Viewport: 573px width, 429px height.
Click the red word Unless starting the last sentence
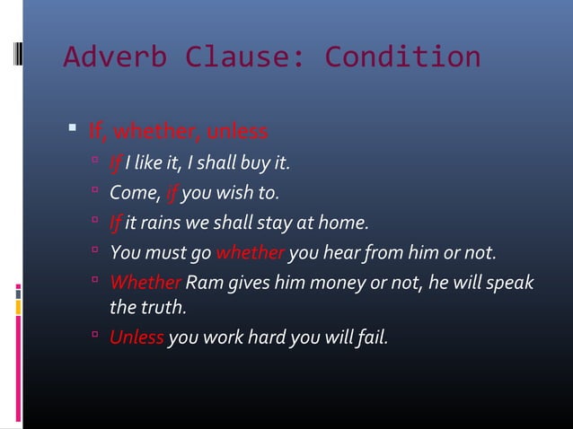[137, 338]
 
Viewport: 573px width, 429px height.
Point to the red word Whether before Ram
[145, 283]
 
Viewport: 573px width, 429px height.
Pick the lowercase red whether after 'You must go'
[251, 251]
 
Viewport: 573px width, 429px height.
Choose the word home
[346, 222]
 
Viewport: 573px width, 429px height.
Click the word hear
[349, 251]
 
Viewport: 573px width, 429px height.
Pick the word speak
[510, 283]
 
